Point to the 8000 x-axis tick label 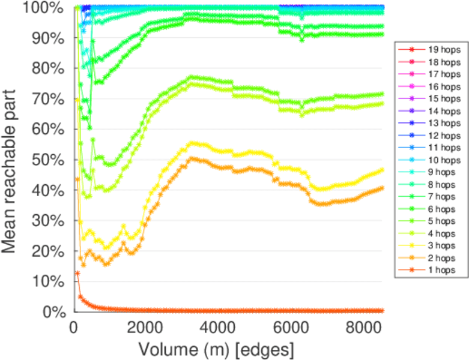[x=362, y=328]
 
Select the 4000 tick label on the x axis [x=218, y=328]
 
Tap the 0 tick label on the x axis [x=74, y=328]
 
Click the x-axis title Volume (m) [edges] [x=217, y=349]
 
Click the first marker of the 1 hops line [x=77, y=273]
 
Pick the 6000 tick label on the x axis [x=290, y=328]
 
